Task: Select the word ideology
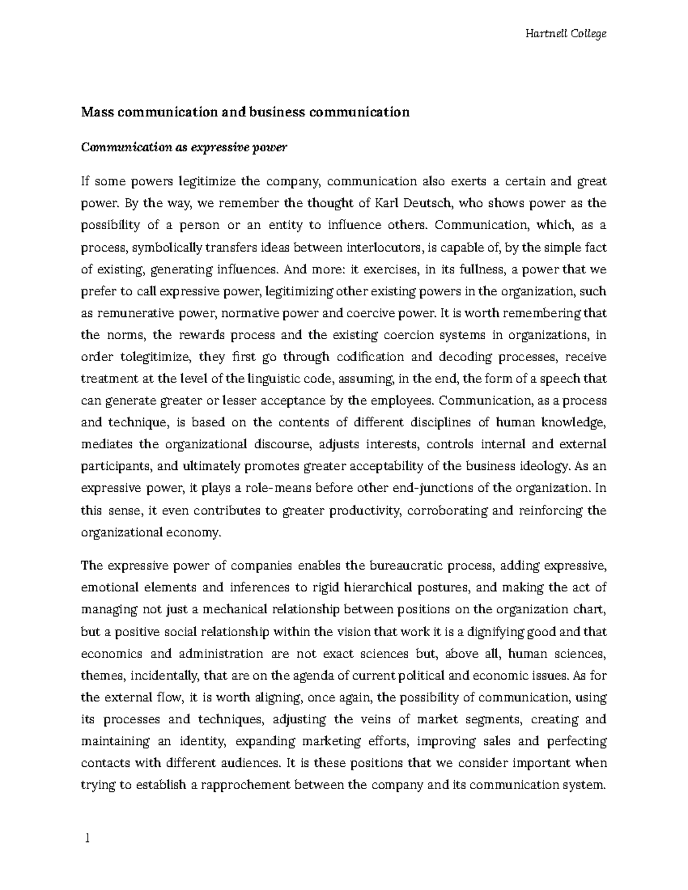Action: tap(541, 466)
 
